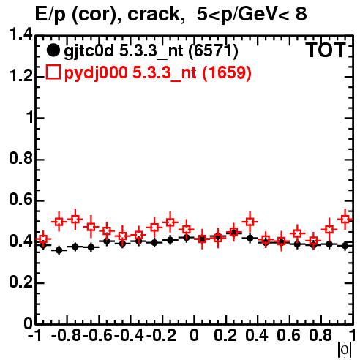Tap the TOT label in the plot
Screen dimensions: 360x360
coord(326,50)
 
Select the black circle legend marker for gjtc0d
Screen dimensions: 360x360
coord(53,50)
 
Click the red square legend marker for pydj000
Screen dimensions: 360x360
coord(53,72)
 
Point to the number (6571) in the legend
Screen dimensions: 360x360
coord(213,51)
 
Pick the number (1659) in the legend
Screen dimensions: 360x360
coord(227,72)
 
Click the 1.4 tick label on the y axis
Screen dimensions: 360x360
coord(20,34)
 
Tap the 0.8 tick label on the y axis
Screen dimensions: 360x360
coord(20,158)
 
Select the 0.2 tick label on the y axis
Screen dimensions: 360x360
coord(20,282)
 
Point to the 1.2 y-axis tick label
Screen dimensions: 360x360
coord(20,75)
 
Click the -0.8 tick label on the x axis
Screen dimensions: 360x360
coord(67,335)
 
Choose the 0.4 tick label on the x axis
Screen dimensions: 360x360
coord(257,335)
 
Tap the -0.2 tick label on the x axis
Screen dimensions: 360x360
coord(161,335)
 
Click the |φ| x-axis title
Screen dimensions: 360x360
coord(345,350)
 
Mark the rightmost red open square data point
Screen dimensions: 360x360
coord(345,219)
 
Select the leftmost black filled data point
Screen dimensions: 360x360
coord(43,245)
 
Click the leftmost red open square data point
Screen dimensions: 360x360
coord(43,239)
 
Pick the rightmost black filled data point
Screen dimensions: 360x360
coord(345,246)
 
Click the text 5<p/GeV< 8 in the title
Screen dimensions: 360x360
coord(252,14)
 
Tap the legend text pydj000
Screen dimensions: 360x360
coord(96,72)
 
